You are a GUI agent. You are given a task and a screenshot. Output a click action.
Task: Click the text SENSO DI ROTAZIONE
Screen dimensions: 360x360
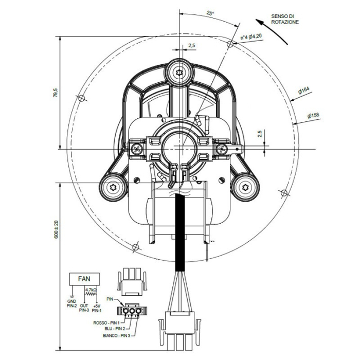click(x=284, y=20)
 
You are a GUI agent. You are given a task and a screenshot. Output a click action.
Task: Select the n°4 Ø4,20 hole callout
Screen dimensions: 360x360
click(x=252, y=37)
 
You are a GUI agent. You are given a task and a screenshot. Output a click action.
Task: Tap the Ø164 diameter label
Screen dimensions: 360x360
click(x=303, y=91)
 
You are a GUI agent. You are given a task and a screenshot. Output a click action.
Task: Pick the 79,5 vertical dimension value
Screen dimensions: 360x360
click(x=56, y=95)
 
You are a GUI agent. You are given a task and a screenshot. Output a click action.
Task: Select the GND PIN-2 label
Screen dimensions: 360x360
click(x=71, y=303)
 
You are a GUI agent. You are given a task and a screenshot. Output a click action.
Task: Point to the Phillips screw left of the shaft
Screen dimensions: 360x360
click(x=137, y=149)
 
